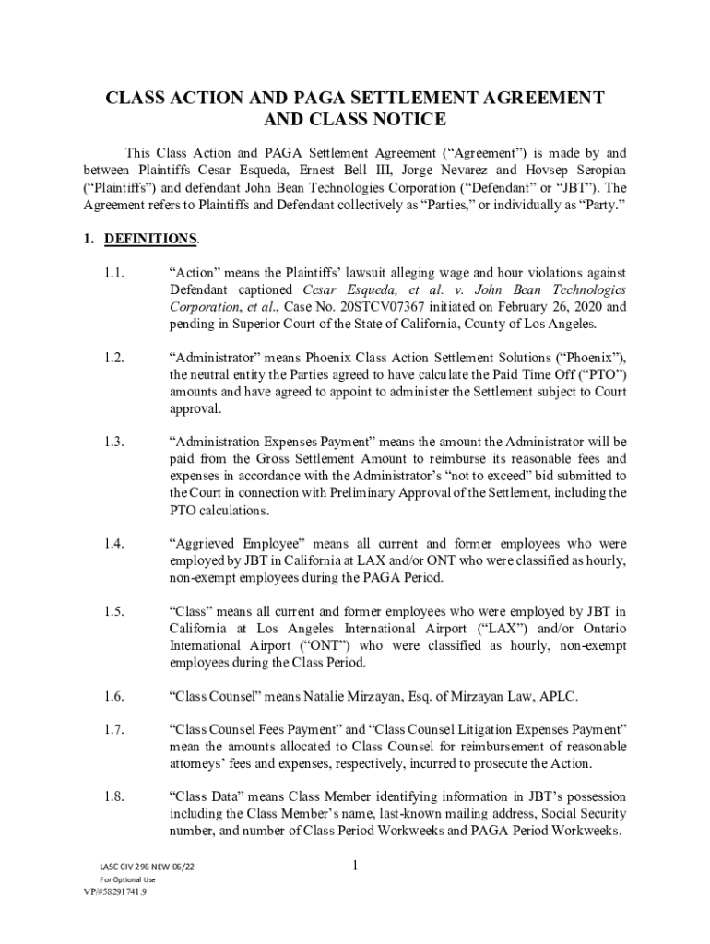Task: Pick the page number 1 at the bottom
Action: pyautogui.click(x=354, y=866)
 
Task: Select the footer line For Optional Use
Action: pyautogui.click(x=127, y=880)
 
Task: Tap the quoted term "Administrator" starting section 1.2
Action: pyautogui.click(x=213, y=357)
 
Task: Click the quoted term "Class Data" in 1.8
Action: pyautogui.click(x=205, y=796)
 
